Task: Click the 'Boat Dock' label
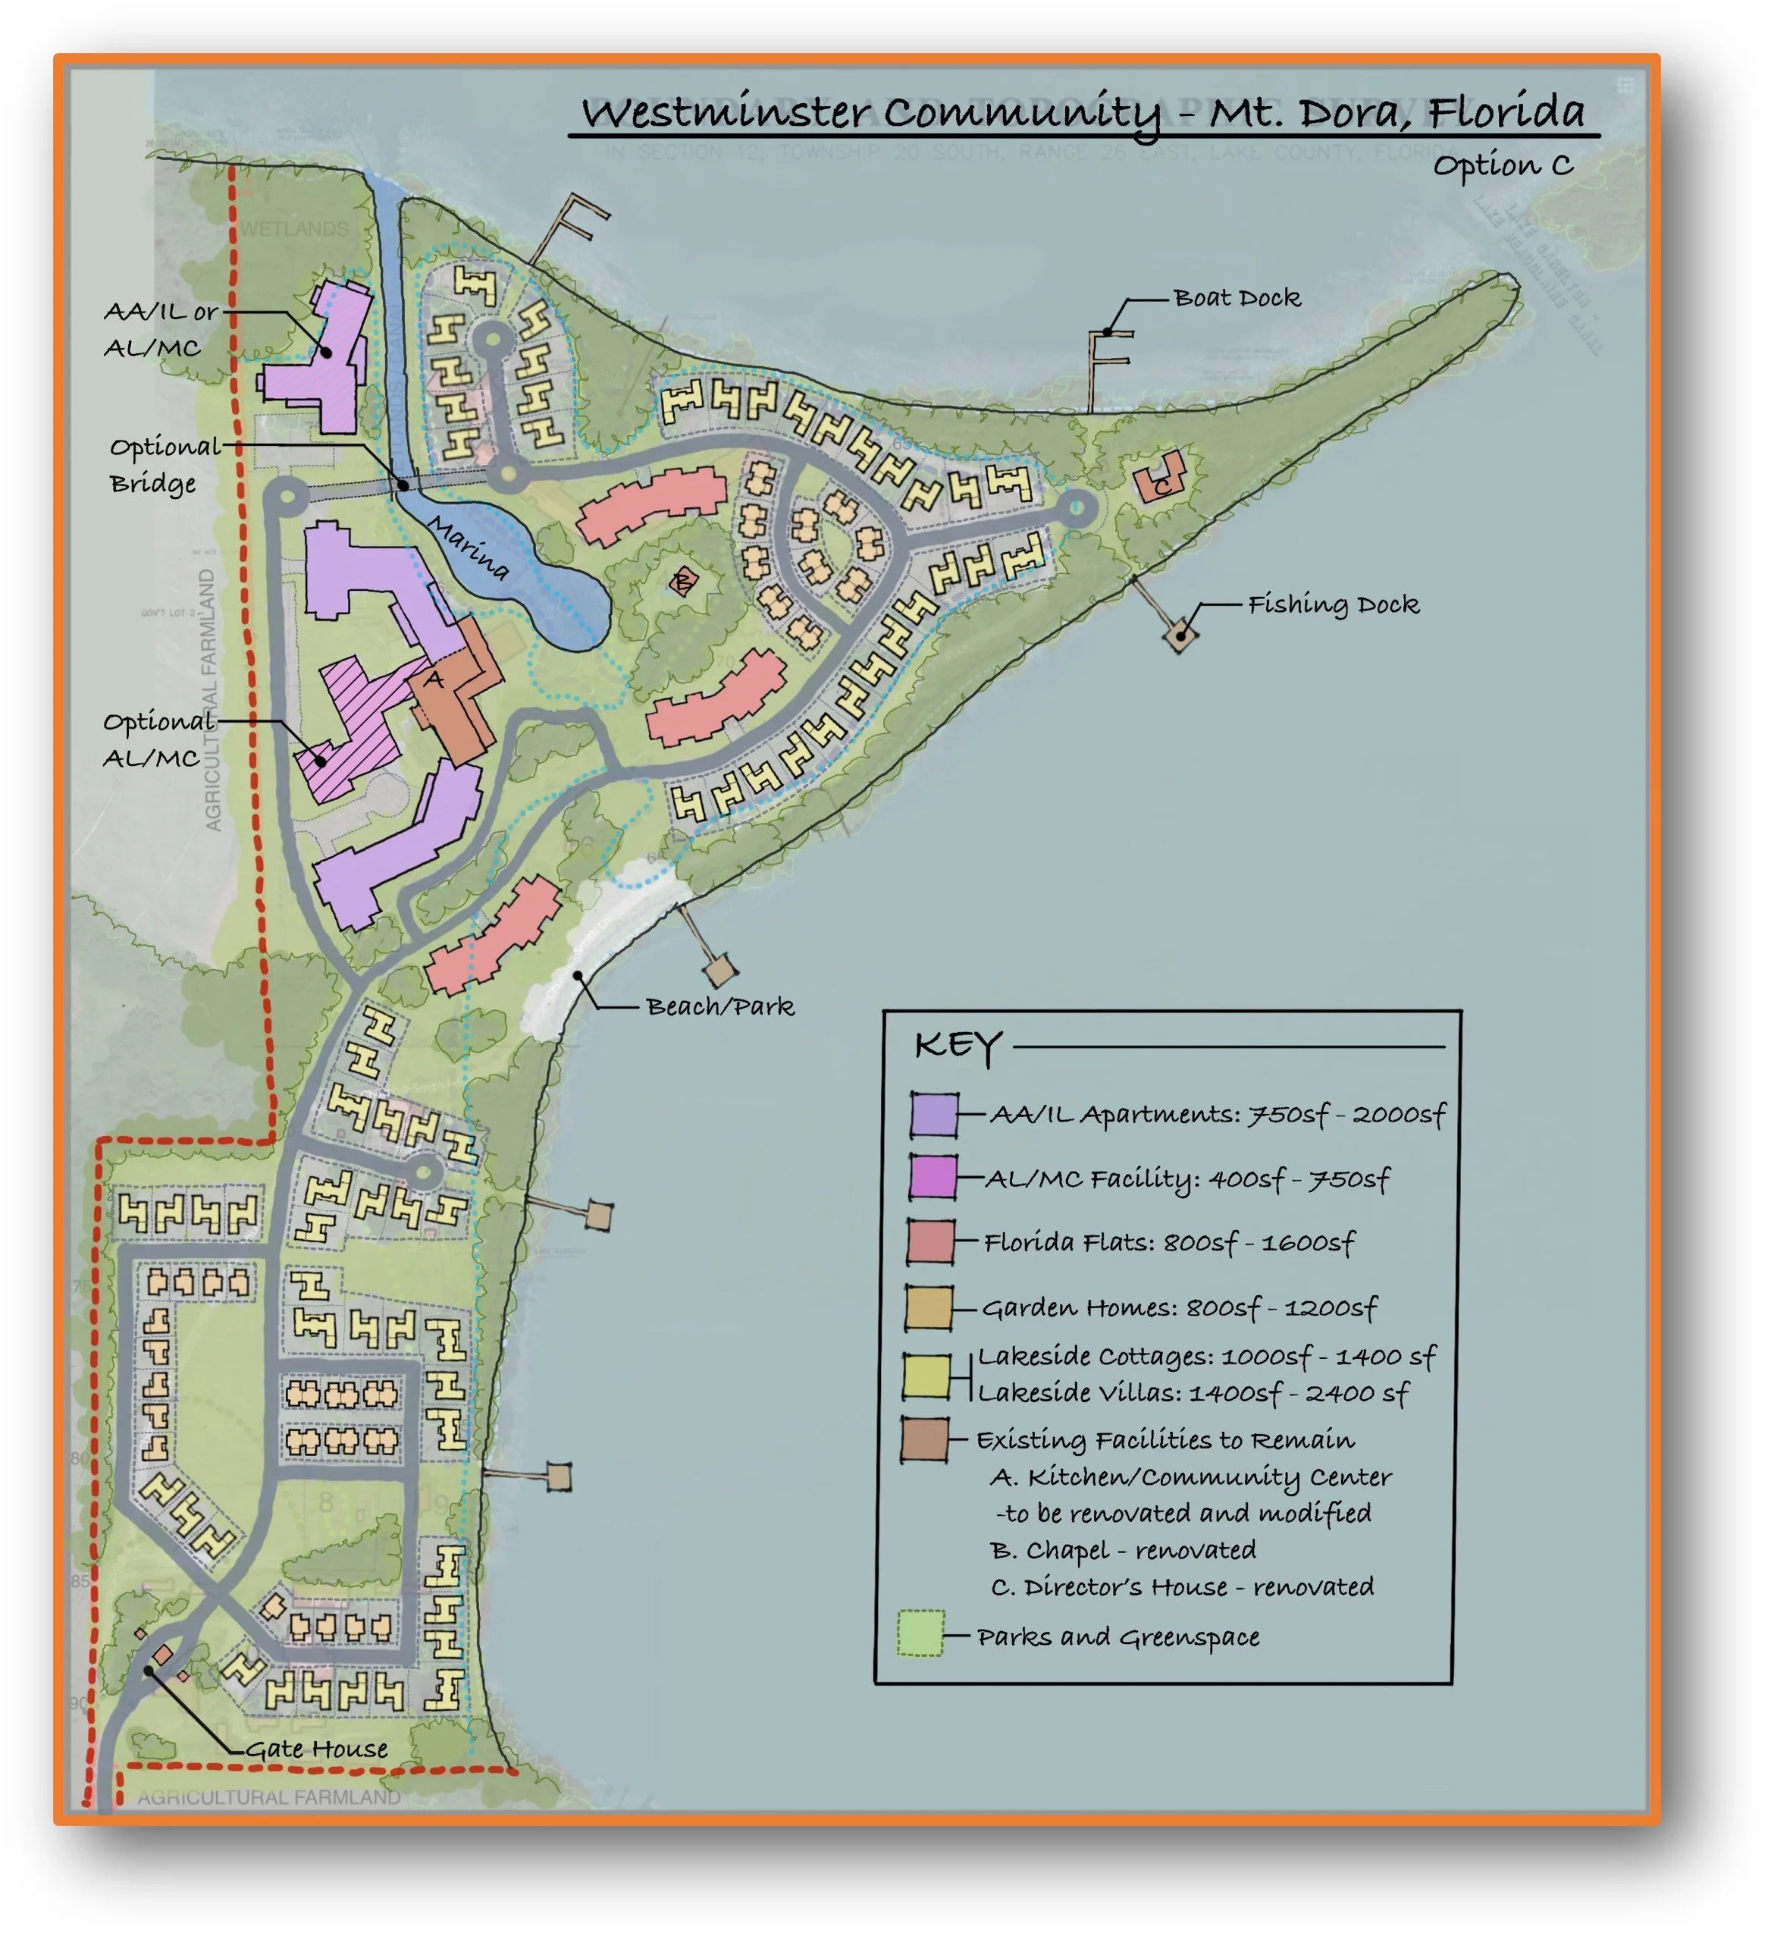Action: point(1236,298)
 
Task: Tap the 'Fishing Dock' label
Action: point(1332,605)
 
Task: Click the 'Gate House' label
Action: point(316,1750)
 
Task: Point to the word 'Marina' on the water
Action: point(468,548)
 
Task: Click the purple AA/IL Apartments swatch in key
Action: point(934,1115)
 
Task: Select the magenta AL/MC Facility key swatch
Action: point(932,1178)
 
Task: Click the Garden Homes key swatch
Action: point(928,1309)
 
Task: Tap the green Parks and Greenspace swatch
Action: point(920,1635)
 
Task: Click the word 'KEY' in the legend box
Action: point(958,1046)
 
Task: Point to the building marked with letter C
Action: point(1160,479)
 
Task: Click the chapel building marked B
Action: point(682,581)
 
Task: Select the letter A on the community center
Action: point(435,679)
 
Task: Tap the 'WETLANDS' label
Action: point(293,229)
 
